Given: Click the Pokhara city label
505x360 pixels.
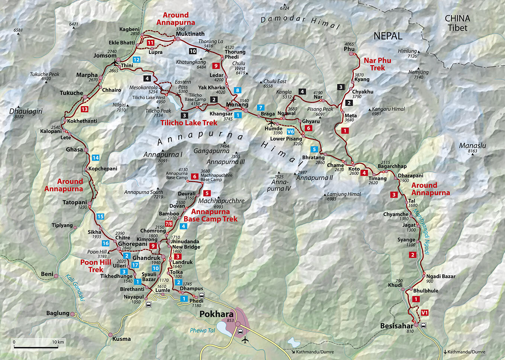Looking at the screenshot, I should pyautogui.click(x=216, y=314).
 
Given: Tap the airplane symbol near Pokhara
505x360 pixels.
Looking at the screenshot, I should pyautogui.click(x=245, y=340).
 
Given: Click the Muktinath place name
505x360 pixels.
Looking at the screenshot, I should pyautogui.click(x=190, y=34).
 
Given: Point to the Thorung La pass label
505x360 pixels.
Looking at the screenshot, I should pyautogui.click(x=210, y=42).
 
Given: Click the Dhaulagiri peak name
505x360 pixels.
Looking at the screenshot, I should pyautogui.click(x=26, y=111).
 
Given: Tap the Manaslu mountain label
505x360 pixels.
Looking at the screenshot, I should pyautogui.click(x=472, y=146).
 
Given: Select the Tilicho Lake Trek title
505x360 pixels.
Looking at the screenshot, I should pyautogui.click(x=189, y=123).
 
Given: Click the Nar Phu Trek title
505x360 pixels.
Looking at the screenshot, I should pyautogui.click(x=377, y=64).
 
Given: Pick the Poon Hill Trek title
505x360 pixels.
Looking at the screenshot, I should pyautogui.click(x=96, y=266).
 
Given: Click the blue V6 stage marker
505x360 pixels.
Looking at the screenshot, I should pyautogui.click(x=290, y=132).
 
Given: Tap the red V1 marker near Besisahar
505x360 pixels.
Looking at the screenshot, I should pyautogui.click(x=424, y=313).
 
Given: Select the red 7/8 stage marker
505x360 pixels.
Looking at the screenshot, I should pyautogui.click(x=169, y=224).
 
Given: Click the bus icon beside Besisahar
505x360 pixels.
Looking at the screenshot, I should pyautogui.click(x=423, y=325).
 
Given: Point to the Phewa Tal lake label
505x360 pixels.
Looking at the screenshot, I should pyautogui.click(x=202, y=330).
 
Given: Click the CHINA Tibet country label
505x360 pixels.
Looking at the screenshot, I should pyautogui.click(x=457, y=23).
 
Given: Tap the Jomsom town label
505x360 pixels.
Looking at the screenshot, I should pyautogui.click(x=105, y=55).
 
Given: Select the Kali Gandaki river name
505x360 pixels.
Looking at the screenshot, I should pyautogui.click(x=75, y=287).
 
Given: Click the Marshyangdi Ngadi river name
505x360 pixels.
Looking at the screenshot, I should pyautogui.click(x=421, y=231).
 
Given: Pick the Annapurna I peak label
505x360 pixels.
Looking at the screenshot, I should pyautogui.click(x=163, y=155).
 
